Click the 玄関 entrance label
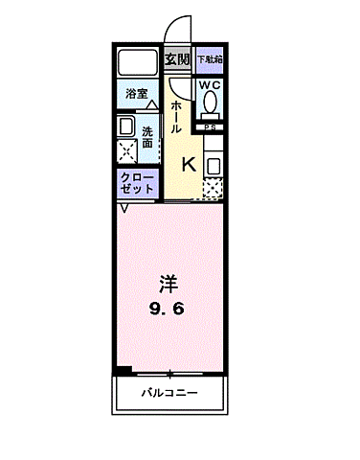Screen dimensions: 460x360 click(x=177, y=59)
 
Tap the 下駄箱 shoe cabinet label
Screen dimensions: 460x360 click(x=210, y=59)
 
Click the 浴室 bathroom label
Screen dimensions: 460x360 click(x=136, y=94)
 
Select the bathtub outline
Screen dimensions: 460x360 click(x=138, y=63)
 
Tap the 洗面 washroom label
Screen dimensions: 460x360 click(x=148, y=137)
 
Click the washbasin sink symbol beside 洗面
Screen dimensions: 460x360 click(x=126, y=126)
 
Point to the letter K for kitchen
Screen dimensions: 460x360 click(x=189, y=164)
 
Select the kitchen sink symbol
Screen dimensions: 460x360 click(x=213, y=164)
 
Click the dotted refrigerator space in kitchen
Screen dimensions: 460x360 click(x=213, y=188)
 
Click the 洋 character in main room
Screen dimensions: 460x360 click(x=169, y=284)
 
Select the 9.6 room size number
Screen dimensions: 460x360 click(x=169, y=309)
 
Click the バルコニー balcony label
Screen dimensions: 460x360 click(x=169, y=392)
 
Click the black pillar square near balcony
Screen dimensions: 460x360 click(x=121, y=370)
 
